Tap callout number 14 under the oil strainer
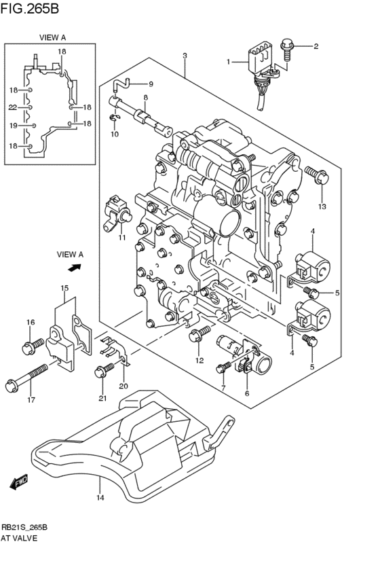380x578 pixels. (x=100, y=499)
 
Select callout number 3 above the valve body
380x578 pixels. (x=184, y=56)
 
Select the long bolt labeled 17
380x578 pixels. (x=27, y=378)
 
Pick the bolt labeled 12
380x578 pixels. (x=201, y=333)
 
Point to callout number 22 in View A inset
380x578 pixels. (x=12, y=107)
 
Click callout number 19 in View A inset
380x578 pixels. (x=12, y=126)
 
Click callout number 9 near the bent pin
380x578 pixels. (x=151, y=84)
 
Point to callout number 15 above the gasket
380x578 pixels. (x=64, y=289)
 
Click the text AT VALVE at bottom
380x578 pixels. (x=19, y=537)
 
